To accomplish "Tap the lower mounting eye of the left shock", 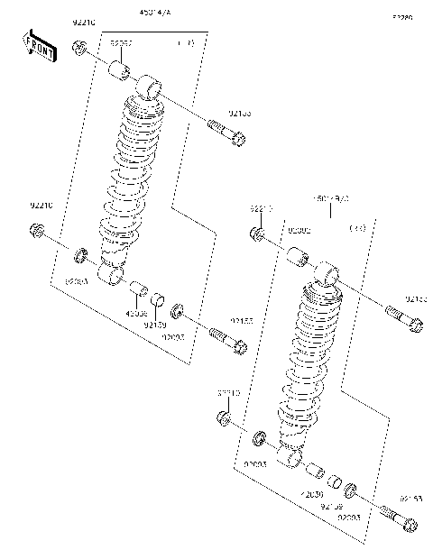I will (111, 271).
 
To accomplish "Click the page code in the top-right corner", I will (401, 17).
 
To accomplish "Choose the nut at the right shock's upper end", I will (256, 234).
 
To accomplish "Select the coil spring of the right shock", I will (311, 361).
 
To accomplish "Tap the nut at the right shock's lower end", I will (224, 417).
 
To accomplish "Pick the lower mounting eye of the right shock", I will (290, 459).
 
